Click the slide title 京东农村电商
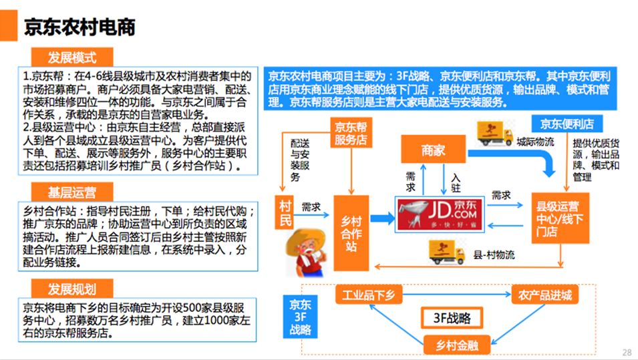79,27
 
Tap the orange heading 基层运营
71,193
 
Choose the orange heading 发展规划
71,289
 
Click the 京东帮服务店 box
350,134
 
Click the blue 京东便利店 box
567,124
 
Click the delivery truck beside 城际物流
494,134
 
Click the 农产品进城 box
545,295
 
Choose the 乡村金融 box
458,345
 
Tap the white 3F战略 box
455,319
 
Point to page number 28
626,352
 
